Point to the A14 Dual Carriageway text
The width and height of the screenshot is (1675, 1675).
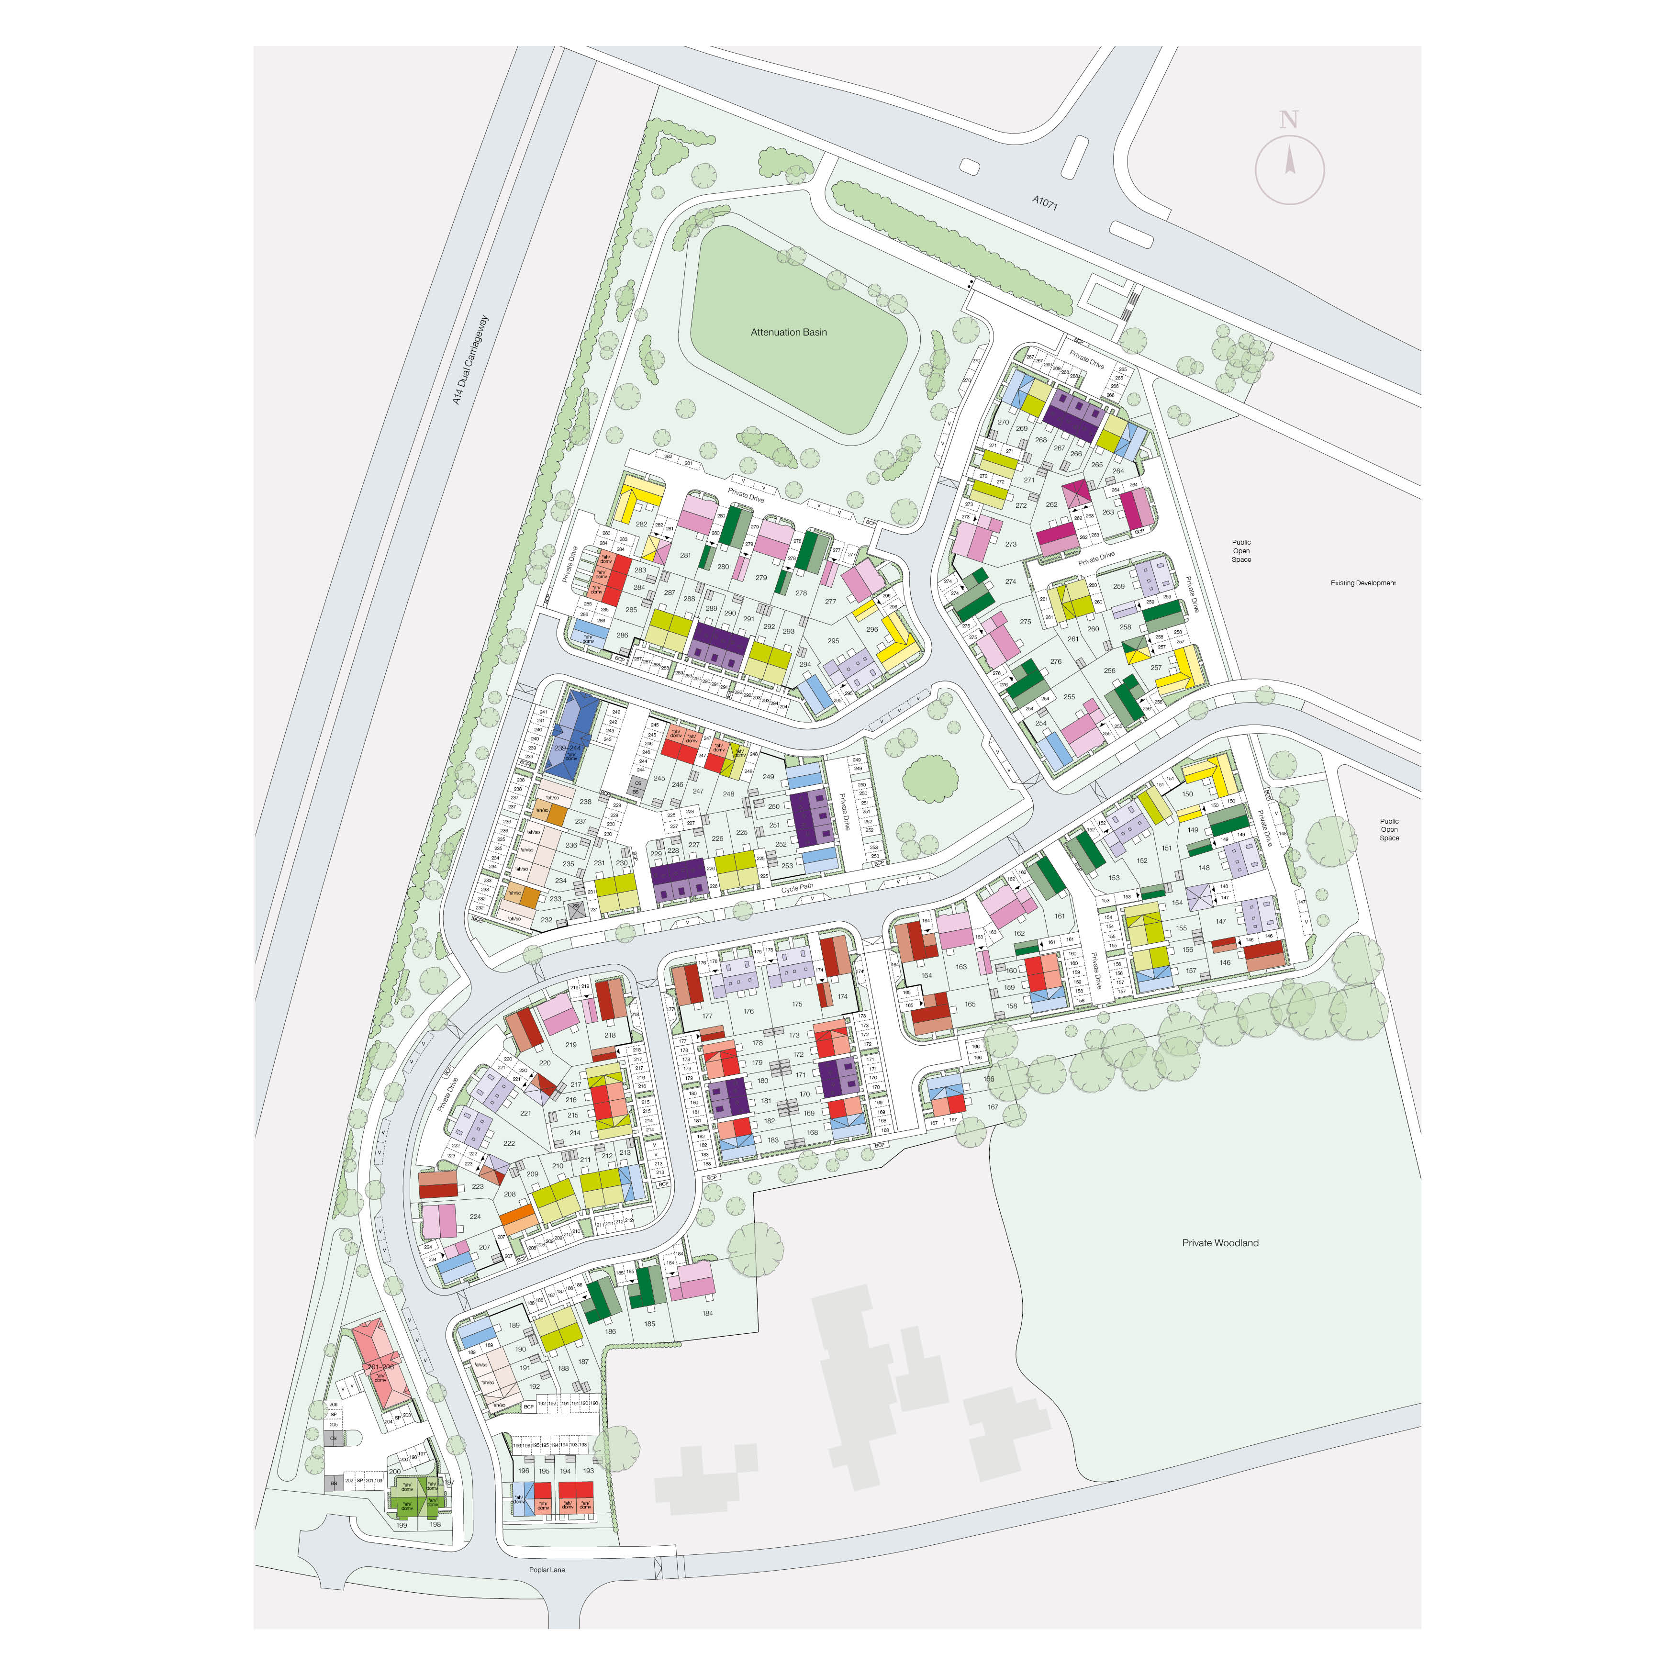tap(471, 360)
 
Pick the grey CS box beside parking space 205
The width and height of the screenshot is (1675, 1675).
tap(333, 1438)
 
